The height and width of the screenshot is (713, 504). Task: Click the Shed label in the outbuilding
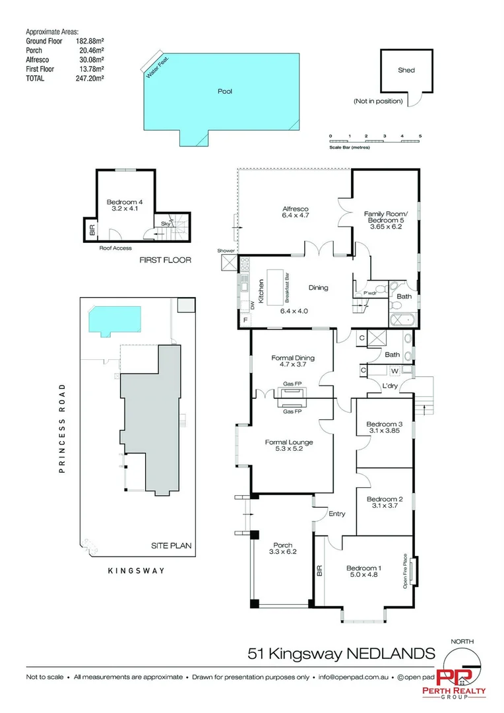click(x=406, y=70)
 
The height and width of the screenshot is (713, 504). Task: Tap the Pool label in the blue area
click(x=225, y=92)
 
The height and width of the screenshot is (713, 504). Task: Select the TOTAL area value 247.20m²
click(x=90, y=77)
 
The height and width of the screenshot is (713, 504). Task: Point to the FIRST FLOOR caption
click(x=165, y=260)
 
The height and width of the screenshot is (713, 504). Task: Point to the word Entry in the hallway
click(x=336, y=514)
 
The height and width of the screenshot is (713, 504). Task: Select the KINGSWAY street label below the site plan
click(x=136, y=570)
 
